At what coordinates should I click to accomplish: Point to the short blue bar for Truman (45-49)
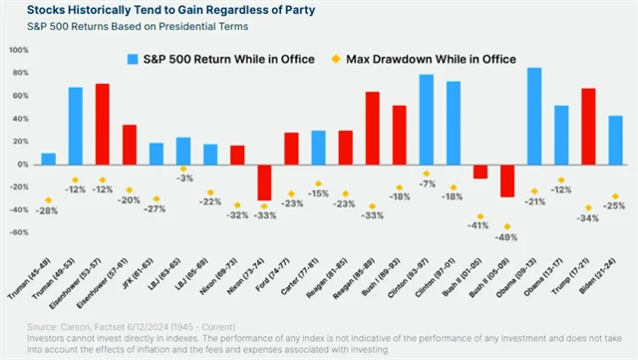click(49, 159)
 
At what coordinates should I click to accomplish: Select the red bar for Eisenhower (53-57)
click(103, 124)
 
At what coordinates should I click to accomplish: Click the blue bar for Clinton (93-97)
click(427, 119)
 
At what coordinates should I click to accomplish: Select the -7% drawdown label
click(427, 184)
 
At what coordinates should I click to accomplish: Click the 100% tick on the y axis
click(20, 49)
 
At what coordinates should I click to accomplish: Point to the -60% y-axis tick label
click(20, 232)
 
